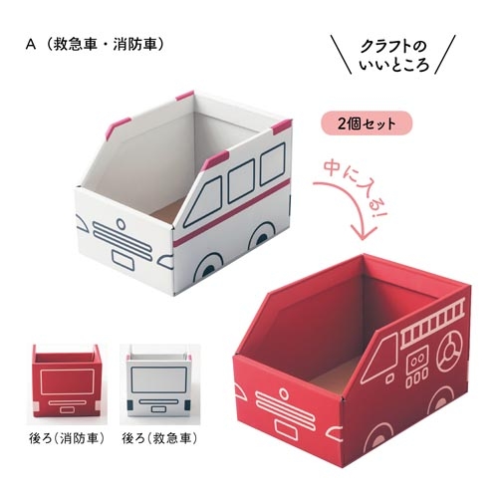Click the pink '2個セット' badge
tap(367, 124)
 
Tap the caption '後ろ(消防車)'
tap(67, 439)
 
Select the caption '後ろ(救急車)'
tap(160, 439)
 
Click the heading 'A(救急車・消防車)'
tap(96, 45)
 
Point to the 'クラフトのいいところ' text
tap(394, 55)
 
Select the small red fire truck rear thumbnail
tap(67, 380)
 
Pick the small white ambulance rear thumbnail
tap(159, 380)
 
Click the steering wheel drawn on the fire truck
tap(449, 352)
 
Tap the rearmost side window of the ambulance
tap(273, 163)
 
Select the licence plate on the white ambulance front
tap(123, 259)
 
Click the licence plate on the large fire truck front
tap(286, 427)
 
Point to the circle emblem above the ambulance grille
tap(121, 224)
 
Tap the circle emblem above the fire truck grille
tap(283, 393)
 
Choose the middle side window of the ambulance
tap(241, 181)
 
